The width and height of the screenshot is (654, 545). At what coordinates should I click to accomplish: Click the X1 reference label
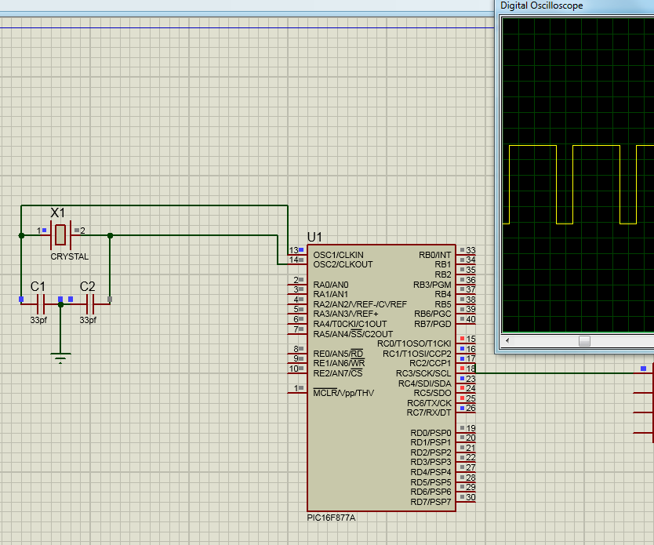tap(58, 213)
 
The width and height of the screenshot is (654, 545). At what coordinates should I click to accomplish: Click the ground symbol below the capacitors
tap(60, 358)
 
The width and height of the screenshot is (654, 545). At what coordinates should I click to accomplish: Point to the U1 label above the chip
tap(314, 237)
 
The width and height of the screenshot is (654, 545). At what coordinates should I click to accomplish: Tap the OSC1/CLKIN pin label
tap(338, 255)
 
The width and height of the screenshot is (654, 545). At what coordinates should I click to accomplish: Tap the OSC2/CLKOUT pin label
tap(343, 264)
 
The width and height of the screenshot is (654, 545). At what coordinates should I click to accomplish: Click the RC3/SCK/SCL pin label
tap(423, 373)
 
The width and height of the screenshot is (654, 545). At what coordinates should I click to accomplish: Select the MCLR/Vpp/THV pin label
tap(343, 393)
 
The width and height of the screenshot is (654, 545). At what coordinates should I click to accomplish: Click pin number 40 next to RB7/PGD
tap(471, 319)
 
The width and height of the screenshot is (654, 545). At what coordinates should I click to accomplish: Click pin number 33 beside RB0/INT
tap(471, 251)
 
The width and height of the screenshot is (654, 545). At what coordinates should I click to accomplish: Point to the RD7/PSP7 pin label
tap(431, 502)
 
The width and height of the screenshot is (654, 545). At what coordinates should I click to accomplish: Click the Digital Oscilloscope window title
tap(542, 5)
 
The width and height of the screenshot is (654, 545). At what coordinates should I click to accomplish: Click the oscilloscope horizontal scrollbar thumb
tap(584, 341)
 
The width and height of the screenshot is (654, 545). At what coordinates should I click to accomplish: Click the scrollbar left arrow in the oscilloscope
tap(507, 341)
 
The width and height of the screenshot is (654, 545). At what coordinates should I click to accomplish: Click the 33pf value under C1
tap(38, 320)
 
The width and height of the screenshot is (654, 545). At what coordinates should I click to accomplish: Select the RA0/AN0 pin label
tap(331, 285)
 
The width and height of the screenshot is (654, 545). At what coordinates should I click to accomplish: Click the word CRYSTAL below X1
tap(70, 256)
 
